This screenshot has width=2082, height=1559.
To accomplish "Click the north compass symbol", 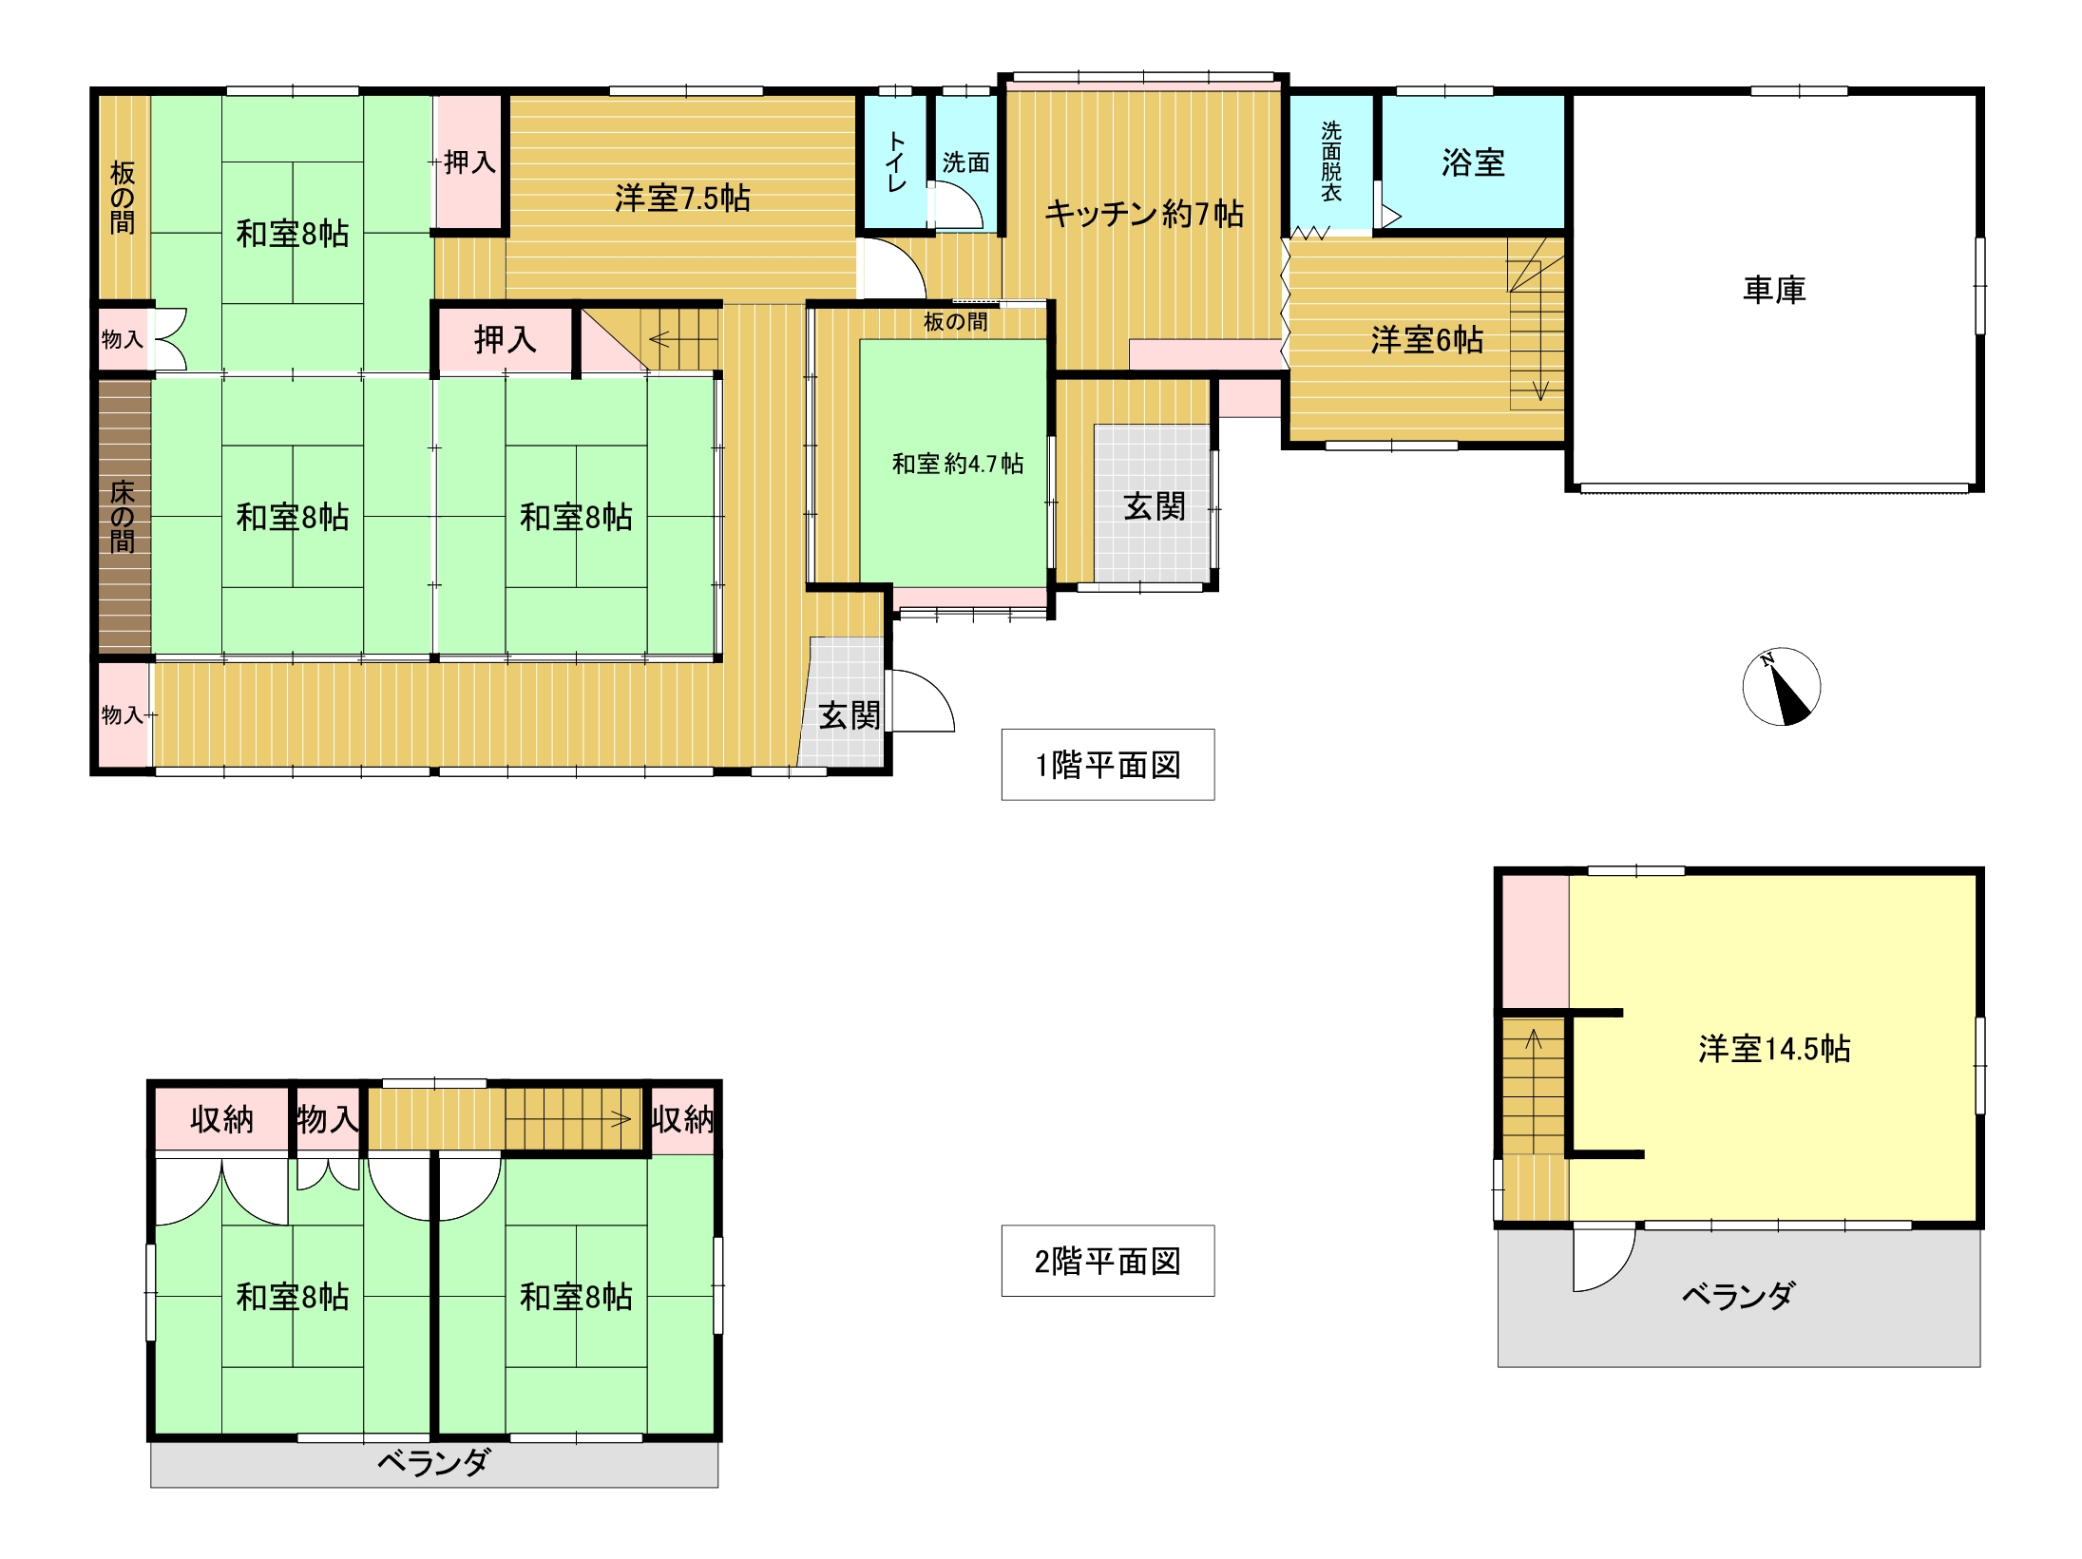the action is coord(1781,687).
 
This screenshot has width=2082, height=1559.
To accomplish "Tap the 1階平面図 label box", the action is coord(1107,765).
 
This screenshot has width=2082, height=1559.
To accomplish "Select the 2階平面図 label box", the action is coord(1107,1261).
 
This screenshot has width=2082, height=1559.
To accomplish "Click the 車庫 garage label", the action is coord(1773,290).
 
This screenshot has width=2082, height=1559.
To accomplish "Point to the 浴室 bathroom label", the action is coord(1473,162).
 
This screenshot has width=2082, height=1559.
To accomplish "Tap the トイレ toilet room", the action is coord(895,162).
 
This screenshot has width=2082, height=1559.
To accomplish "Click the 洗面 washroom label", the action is coord(965,162).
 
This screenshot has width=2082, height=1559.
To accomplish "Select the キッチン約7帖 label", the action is coord(1144,214).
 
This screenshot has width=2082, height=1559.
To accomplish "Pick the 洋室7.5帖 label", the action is coord(682,198).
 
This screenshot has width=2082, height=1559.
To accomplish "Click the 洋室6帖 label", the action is coord(1426,339).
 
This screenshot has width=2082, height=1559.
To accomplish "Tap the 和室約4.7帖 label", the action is coord(957,464).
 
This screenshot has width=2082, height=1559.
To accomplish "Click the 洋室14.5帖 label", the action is coord(1774,1048).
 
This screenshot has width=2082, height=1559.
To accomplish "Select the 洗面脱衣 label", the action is coord(1330,161).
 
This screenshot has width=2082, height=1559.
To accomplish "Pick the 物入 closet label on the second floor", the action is coord(327,1119).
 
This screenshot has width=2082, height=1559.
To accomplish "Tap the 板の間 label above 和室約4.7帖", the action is coord(955,322).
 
